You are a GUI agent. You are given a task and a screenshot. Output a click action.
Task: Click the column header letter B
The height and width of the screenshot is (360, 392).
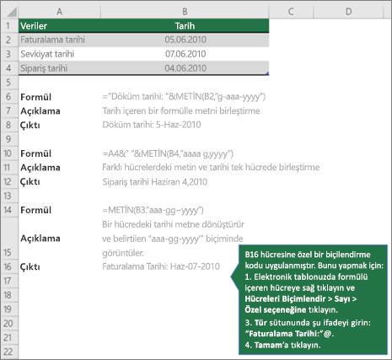tap(185, 12)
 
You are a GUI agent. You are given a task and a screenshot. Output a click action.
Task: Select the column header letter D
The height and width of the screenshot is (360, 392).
tap(348, 12)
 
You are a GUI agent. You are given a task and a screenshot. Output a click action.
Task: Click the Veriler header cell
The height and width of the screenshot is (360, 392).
tap(34, 26)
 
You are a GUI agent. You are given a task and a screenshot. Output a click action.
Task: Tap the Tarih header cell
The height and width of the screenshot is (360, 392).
tap(185, 26)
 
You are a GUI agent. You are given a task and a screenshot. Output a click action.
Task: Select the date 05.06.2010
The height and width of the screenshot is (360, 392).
tap(185, 40)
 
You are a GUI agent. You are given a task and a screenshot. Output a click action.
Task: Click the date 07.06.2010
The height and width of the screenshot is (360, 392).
tap(185, 54)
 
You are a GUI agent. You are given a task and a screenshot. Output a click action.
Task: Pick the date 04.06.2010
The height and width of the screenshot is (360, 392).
tap(185, 68)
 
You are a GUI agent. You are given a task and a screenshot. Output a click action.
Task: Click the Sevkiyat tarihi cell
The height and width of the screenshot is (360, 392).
tap(47, 54)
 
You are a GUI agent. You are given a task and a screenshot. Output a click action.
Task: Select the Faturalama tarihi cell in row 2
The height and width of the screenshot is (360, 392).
tap(52, 40)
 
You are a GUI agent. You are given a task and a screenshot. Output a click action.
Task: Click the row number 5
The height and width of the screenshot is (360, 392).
tap(8, 83)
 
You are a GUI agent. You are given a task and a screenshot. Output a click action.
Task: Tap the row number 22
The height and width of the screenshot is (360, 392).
tap(8, 352)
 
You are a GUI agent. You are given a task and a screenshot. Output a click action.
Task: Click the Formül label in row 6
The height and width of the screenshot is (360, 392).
tap(35, 97)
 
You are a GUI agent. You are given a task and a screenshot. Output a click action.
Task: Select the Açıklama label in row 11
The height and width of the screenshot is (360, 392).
tap(40, 168)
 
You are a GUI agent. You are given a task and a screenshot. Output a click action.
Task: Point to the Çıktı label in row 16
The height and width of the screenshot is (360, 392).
tap(30, 266)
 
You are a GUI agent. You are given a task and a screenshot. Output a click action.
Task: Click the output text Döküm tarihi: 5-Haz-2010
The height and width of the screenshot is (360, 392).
tap(152, 125)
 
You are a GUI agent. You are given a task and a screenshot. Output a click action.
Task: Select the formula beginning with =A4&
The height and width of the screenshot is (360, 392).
tap(168, 153)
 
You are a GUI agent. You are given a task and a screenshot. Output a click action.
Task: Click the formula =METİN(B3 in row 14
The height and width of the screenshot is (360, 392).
tap(153, 210)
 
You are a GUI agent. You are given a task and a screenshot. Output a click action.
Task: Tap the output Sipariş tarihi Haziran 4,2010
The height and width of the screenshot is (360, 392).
tap(155, 182)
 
